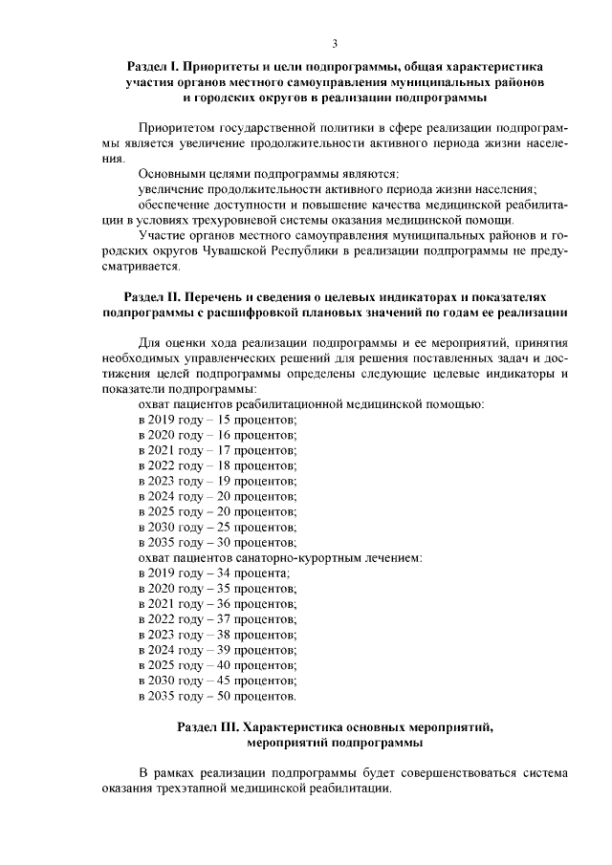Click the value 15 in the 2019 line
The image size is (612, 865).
[227, 420]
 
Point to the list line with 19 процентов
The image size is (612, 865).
[217, 481]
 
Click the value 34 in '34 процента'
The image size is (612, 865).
[227, 573]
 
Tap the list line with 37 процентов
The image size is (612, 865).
[217, 618]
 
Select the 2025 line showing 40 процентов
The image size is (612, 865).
[217, 664]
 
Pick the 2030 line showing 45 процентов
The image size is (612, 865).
[217, 680]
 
